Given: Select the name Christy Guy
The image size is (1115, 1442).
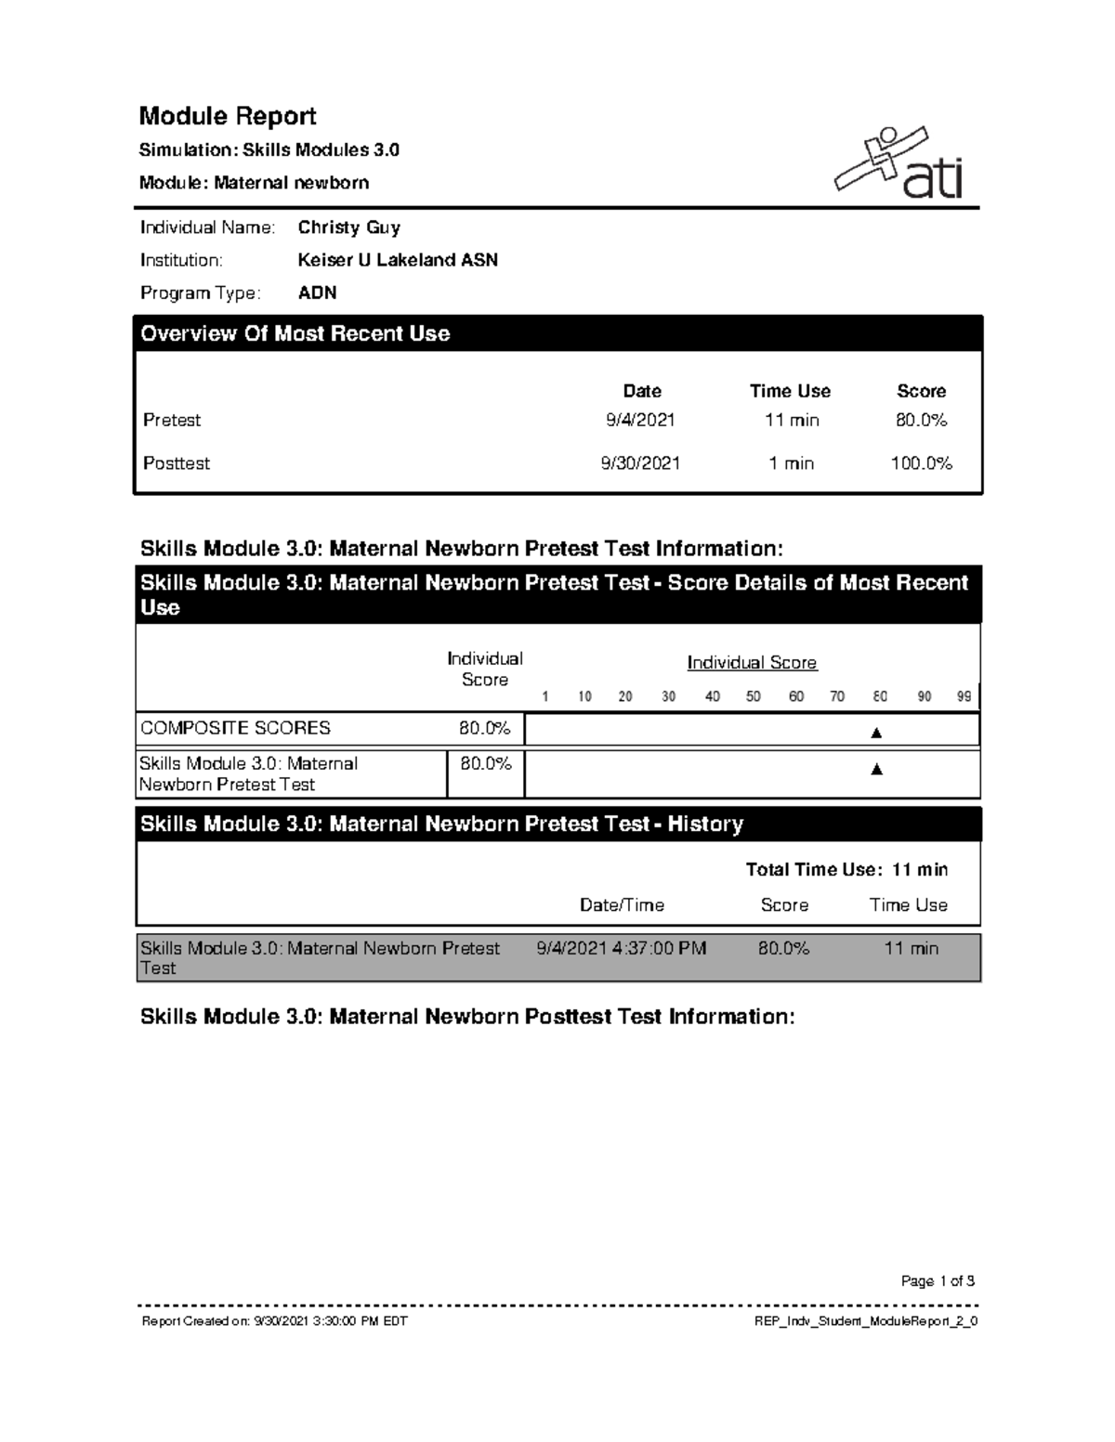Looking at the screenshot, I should coord(348,227).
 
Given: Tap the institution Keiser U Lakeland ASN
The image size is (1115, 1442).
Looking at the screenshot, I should coord(398,260).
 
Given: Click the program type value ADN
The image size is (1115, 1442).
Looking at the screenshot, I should coord(317,292).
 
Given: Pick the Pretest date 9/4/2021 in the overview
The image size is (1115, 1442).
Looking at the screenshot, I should coord(640,420).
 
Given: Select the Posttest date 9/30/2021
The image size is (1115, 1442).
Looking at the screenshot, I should coord(640,462).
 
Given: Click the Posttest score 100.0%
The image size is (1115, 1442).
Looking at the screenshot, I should coord(921,462).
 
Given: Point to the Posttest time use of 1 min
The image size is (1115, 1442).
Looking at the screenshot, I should coord(791,462).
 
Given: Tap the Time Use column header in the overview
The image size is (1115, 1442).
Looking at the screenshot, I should coord(790,391).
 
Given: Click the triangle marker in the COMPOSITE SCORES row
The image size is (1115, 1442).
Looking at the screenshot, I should coord(875,733).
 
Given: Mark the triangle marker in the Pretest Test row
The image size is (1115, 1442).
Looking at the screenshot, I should coord(875,769).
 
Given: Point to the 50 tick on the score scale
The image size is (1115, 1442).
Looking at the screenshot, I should coord(754,696).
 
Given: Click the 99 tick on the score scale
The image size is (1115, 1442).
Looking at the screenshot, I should coord(964,696).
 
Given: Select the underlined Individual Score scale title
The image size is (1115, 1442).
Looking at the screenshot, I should coord(752,663).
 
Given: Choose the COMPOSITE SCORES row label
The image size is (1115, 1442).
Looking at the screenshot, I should coord(235,728).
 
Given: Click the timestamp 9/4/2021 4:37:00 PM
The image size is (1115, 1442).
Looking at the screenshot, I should coord(622,948).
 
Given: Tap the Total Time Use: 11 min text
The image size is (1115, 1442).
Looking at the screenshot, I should coord(846,869).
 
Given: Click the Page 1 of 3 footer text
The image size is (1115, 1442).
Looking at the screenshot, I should coord(938,1281).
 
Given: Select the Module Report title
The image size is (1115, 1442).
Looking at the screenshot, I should coord(228,116).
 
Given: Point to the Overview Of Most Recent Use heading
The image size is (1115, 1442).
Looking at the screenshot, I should coord(295,333).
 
